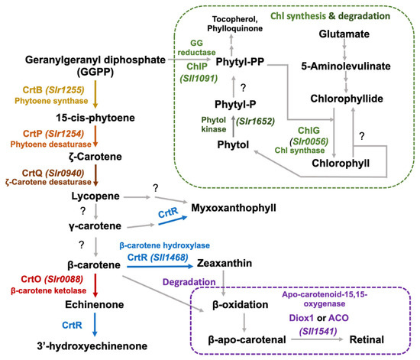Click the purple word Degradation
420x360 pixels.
[x=212, y=282]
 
